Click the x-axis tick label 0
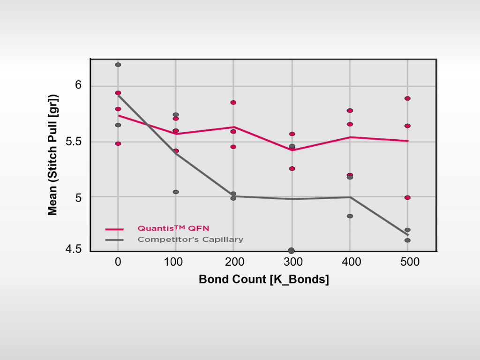(118, 262)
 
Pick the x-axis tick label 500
(407, 262)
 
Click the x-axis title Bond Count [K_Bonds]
(263, 279)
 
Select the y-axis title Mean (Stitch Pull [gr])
(52, 155)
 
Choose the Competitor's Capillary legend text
(190, 240)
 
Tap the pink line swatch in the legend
(114, 229)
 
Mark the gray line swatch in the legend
(114, 240)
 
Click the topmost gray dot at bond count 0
(118, 65)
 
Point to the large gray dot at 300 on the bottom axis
(291, 251)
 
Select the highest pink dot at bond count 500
(407, 98)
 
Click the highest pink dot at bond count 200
(233, 102)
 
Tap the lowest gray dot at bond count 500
(407, 240)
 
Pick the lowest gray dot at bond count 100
(176, 192)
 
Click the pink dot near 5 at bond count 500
(407, 197)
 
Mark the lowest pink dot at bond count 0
(118, 143)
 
